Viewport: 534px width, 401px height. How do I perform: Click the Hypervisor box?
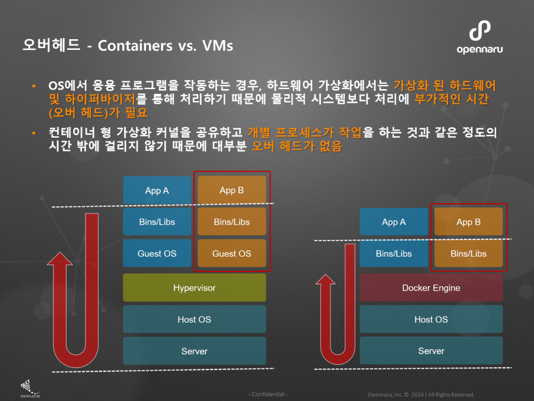click(194, 288)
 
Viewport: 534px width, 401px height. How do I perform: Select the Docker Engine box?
click(431, 288)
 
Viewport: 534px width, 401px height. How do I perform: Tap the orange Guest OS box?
click(231, 254)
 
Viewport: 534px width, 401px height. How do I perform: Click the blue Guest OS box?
click(157, 254)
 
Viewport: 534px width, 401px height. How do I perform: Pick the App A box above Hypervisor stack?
click(157, 191)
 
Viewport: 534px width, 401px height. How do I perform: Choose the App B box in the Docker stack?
click(468, 222)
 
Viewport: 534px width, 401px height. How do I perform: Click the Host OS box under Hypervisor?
click(194, 320)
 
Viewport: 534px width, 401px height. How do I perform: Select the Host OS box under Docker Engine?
click(431, 320)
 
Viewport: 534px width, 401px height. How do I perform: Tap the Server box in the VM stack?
click(194, 351)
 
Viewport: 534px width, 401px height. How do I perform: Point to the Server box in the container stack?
click(431, 351)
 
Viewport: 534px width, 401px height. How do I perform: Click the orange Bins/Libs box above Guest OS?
click(231, 222)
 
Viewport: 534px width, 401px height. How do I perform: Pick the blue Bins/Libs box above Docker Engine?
click(393, 254)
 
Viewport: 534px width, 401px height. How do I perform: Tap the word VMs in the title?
click(214, 46)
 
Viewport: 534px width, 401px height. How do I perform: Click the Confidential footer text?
click(268, 394)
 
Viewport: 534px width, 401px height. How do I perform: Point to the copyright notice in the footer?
click(421, 394)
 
